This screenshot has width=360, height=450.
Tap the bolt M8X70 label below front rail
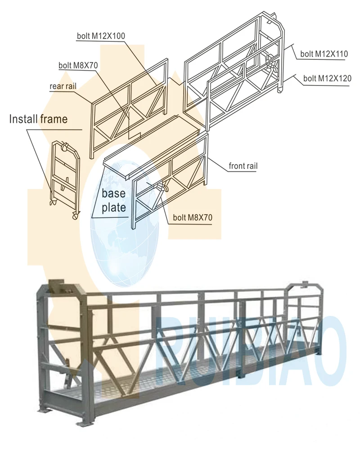tap(192, 218)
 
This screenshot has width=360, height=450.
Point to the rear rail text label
tap(64, 85)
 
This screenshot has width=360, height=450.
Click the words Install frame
tap(38, 119)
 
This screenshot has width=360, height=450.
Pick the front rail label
tap(243, 166)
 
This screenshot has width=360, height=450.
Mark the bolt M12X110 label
tap(324, 54)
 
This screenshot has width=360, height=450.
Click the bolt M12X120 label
tap(327, 79)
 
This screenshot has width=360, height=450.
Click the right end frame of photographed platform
tap(306, 324)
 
